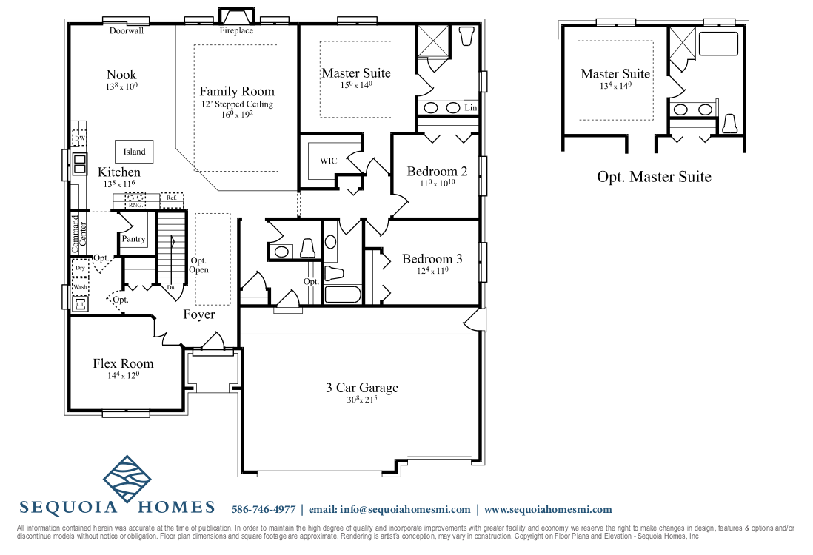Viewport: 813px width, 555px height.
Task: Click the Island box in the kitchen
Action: pyautogui.click(x=134, y=152)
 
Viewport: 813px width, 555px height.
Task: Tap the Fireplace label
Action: pyautogui.click(x=236, y=31)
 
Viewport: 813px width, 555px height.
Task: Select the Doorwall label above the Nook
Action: pyautogui.click(x=126, y=31)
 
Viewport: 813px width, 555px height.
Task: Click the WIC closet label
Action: pyautogui.click(x=329, y=161)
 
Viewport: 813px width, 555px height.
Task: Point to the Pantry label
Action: pyautogui.click(x=134, y=239)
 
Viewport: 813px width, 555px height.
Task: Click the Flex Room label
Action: pyautogui.click(x=123, y=363)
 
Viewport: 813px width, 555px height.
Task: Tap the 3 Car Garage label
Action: pyautogui.click(x=362, y=388)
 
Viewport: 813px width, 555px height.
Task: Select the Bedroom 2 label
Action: pyautogui.click(x=437, y=172)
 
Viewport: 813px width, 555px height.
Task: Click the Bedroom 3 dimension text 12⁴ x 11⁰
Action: pyautogui.click(x=432, y=272)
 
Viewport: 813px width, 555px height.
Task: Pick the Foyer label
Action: pyautogui.click(x=199, y=314)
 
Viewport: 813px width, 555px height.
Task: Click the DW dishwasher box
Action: pyautogui.click(x=79, y=139)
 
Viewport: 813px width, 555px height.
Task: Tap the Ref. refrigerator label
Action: pyautogui.click(x=171, y=198)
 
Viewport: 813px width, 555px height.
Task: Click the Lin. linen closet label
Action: pyautogui.click(x=472, y=108)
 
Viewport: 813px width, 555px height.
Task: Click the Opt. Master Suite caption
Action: pyautogui.click(x=654, y=177)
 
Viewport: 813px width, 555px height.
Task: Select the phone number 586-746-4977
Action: pyautogui.click(x=264, y=509)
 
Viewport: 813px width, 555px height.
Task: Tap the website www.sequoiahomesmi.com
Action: pyautogui.click(x=548, y=509)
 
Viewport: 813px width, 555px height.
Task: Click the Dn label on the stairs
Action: pyautogui.click(x=170, y=287)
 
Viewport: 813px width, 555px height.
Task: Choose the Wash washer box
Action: pyautogui.click(x=80, y=286)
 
